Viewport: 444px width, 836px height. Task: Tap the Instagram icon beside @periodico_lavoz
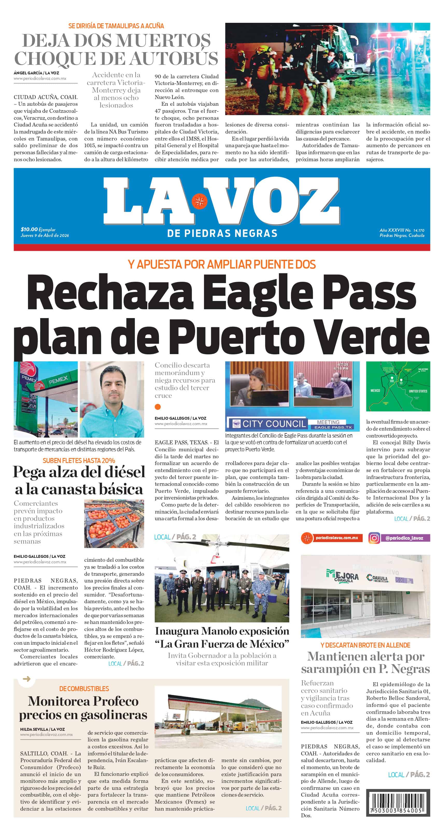(374, 538)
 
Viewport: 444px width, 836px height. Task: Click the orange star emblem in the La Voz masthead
(199, 201)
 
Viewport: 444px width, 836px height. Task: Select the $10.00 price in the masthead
(29, 229)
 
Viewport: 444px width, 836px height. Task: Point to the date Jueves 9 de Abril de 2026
(45, 235)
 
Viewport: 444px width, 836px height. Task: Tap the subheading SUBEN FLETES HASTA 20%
(79, 461)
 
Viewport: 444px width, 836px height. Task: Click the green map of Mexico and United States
(398, 386)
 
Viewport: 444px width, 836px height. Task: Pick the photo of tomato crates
(114, 523)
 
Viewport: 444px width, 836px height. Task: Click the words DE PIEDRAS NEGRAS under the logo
(222, 233)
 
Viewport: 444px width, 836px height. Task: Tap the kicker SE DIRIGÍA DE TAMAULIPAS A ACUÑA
(116, 26)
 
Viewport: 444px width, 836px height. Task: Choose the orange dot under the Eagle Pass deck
(158, 407)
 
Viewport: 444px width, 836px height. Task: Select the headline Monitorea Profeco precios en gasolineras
(83, 708)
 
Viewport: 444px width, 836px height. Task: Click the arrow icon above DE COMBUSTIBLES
(27, 679)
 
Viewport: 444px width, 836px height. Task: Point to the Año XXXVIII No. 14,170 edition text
(402, 230)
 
